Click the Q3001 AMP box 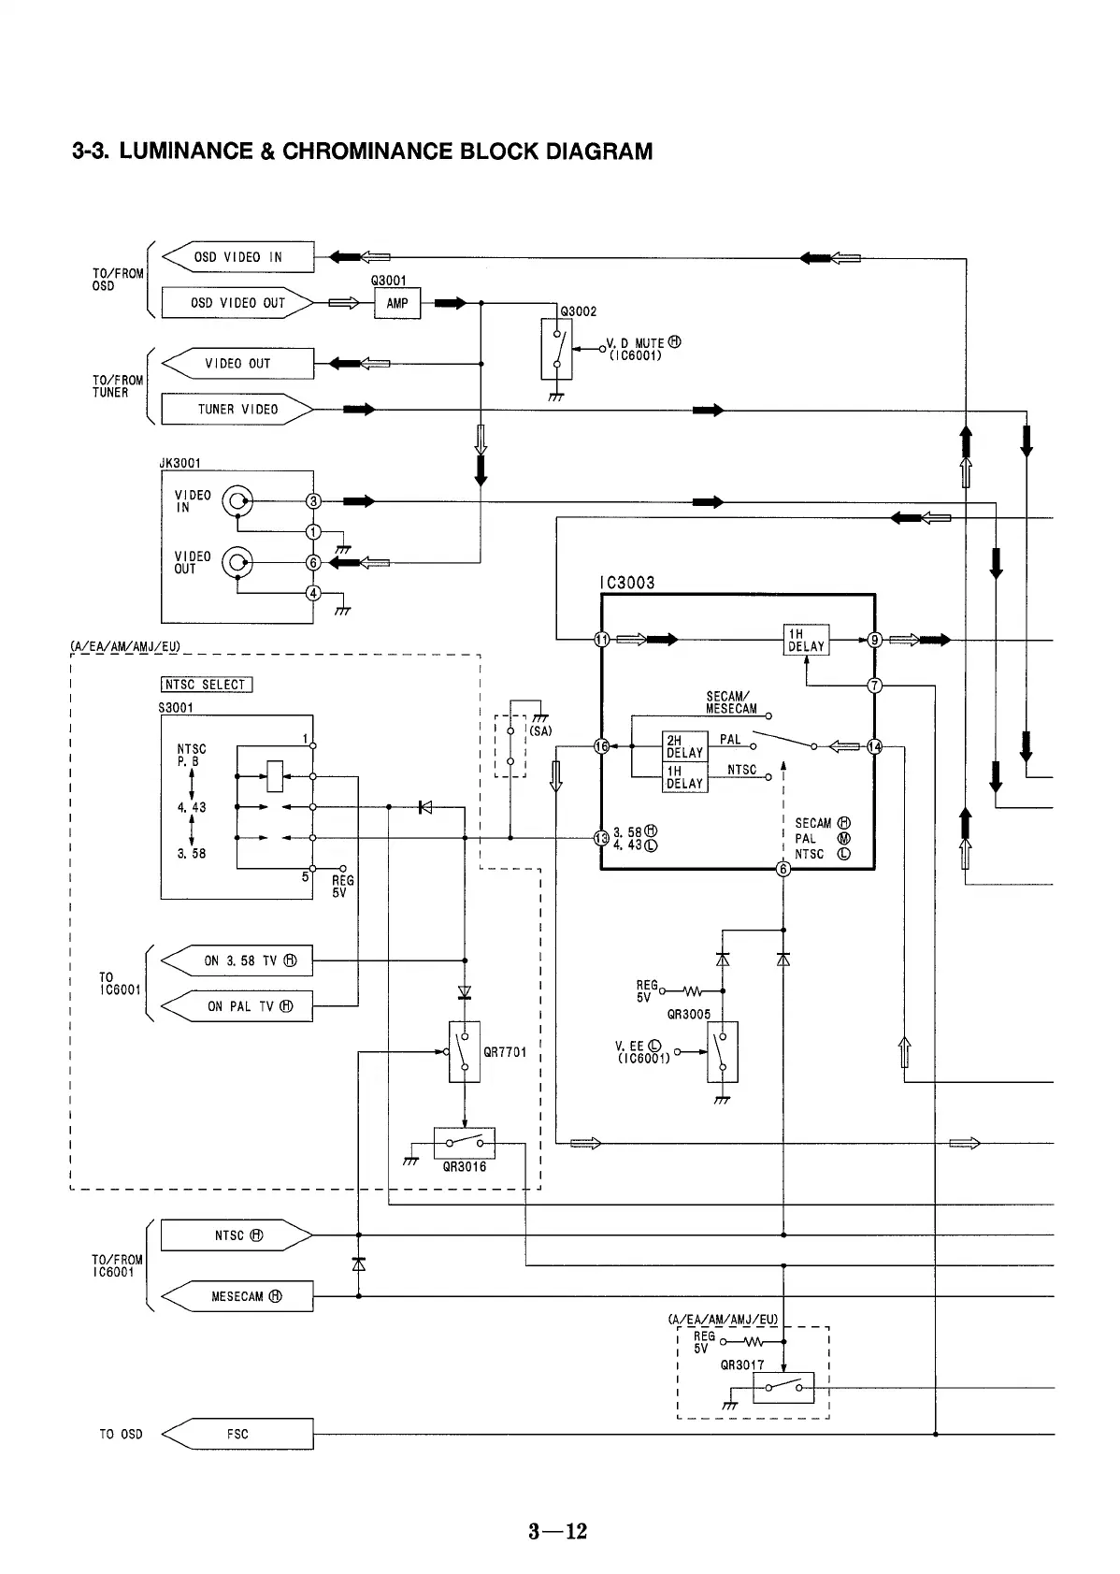point(397,303)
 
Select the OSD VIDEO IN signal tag point(237,257)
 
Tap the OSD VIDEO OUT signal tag point(237,303)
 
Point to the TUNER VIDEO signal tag point(237,410)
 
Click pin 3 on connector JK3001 point(314,501)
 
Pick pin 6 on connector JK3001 point(314,562)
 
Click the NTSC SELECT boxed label point(206,685)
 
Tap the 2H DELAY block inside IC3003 point(684,746)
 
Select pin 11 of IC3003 point(602,640)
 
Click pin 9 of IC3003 point(875,640)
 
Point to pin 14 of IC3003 point(875,746)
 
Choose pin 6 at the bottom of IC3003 point(784,870)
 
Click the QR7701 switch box point(465,1051)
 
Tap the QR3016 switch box point(465,1143)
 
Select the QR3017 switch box point(783,1387)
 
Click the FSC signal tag point(237,1434)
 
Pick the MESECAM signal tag point(237,1296)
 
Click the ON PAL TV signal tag point(237,1006)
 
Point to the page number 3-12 point(558,1531)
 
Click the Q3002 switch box point(556,349)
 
